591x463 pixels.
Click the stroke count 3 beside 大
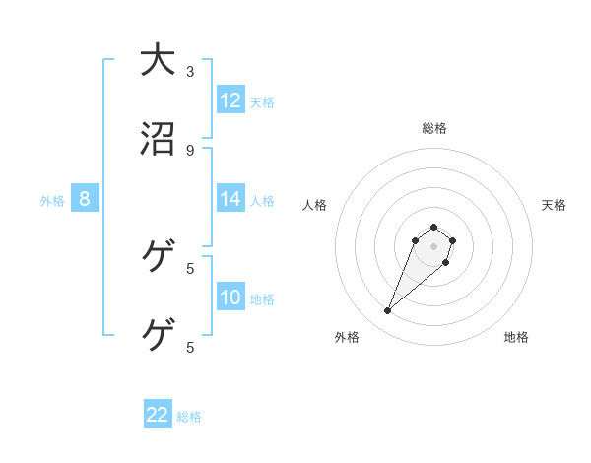tap(190, 71)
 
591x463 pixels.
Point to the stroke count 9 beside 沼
tap(190, 150)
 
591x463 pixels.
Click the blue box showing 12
tap(230, 100)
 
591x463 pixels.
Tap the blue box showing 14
tap(230, 199)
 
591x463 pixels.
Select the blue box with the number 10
tap(230, 298)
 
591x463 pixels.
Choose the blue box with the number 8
tap(85, 199)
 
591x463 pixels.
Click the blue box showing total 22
tap(158, 415)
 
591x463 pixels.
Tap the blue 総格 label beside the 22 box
tap(189, 417)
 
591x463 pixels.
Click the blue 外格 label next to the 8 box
tap(52, 201)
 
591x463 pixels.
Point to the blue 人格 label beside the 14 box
tap(262, 201)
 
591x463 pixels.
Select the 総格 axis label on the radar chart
tap(434, 128)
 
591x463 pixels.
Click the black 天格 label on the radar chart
tap(555, 205)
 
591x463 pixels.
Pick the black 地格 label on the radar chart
tap(516, 337)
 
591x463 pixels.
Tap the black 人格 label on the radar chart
tap(315, 205)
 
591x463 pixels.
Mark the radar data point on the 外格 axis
tap(388, 311)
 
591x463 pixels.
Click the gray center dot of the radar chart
tap(433, 246)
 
